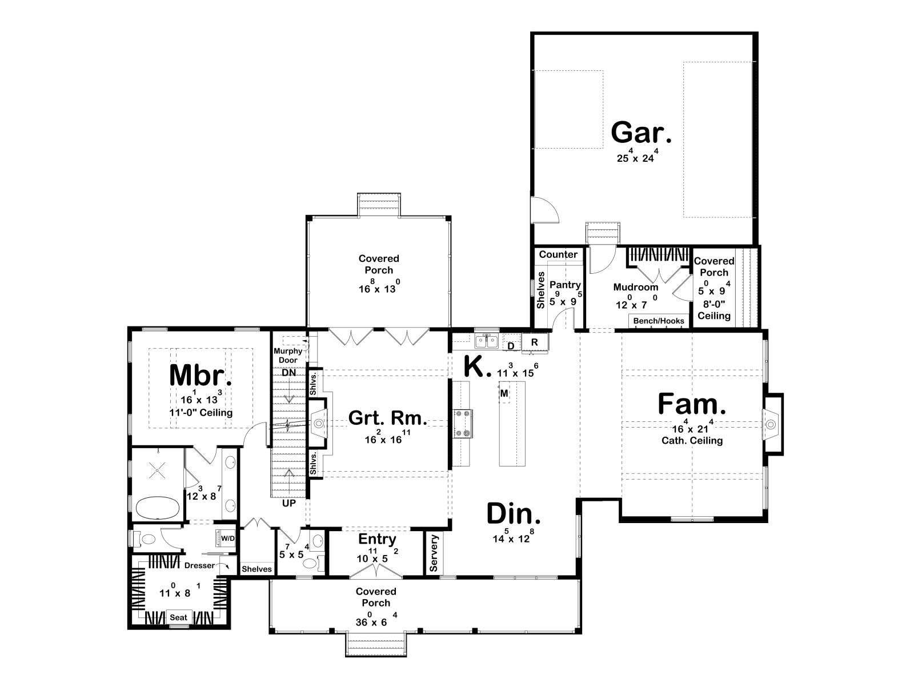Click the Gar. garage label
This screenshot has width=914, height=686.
pos(641,133)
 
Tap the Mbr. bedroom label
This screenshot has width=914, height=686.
pos(201,375)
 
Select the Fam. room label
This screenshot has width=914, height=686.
pos(692,404)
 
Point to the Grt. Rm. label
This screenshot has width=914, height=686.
pos(387,418)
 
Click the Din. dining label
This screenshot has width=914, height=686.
pos(514,514)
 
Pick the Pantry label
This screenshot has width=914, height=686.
pos(564,285)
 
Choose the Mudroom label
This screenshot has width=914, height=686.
pos(635,288)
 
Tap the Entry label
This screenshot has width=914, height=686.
pos(377,540)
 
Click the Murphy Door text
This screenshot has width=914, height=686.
pos(288,355)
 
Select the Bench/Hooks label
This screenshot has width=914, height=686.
pos(658,321)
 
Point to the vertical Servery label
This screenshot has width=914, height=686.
pos(434,553)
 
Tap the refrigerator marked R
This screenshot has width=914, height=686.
pos(535,342)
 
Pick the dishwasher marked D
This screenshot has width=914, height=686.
pos(511,345)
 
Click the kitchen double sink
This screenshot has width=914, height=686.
pos(487,341)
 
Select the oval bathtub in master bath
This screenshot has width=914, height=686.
pos(157,507)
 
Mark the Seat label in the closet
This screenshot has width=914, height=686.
pos(178,618)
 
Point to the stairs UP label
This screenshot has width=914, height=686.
pos(289,503)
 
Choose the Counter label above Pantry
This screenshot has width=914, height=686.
pos(558,254)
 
